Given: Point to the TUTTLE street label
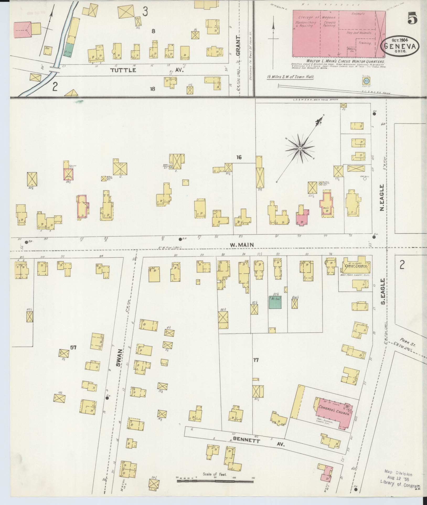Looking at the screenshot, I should coord(123,70).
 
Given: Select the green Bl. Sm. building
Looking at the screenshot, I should coord(275,302).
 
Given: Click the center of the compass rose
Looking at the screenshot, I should coord(299,149).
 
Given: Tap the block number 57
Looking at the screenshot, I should coord(73,347).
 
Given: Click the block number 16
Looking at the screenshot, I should coord(239,158).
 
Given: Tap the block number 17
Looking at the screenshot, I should coord(256,360).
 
